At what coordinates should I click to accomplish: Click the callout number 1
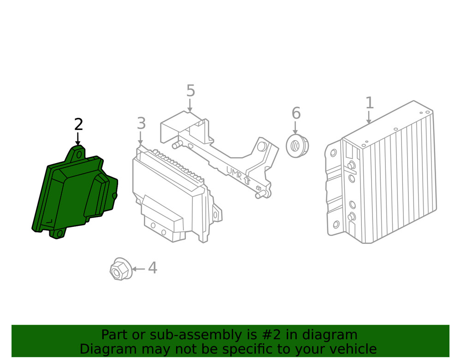(369, 103)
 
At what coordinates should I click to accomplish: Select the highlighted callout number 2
(78, 124)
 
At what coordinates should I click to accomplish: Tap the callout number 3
(141, 124)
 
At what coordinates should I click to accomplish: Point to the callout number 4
(152, 268)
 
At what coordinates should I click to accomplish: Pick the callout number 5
(190, 91)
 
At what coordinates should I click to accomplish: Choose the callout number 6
(296, 113)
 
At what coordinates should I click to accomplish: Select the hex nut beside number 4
(119, 270)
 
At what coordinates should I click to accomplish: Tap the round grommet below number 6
(297, 146)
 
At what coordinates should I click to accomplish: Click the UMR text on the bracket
(234, 173)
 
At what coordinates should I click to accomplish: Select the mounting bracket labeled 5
(217, 148)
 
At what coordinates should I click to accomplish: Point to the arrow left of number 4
(139, 268)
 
